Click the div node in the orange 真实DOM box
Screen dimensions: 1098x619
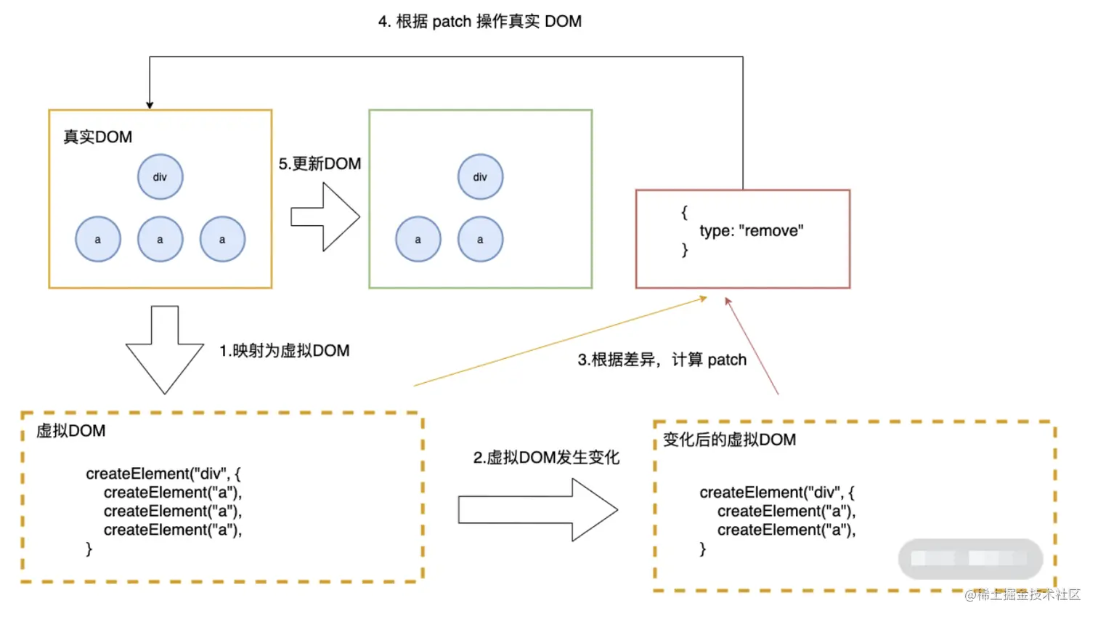coord(160,177)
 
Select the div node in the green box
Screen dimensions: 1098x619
coord(481,177)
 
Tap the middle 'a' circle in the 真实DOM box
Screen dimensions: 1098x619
coord(160,239)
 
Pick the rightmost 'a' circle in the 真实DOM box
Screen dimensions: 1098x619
coord(222,239)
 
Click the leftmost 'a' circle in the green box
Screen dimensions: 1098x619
coord(418,239)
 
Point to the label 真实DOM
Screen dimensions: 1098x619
coord(98,137)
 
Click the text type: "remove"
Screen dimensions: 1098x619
coord(752,230)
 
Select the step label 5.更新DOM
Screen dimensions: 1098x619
coord(320,163)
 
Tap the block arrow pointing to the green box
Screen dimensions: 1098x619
coord(325,217)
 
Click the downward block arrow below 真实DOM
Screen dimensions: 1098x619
coord(165,349)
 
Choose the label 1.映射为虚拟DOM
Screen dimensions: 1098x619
coord(285,351)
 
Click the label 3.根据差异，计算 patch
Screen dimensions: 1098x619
coord(662,360)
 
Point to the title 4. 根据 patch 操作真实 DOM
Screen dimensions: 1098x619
coord(480,22)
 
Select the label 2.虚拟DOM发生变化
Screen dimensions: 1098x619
coord(547,458)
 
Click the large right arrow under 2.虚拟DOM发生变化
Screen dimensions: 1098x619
coord(538,509)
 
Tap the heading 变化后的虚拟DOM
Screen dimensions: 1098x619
coord(729,440)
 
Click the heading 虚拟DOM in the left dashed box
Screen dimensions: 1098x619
coord(71,431)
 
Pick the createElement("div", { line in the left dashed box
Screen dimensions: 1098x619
coord(163,474)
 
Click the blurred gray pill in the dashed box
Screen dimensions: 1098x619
coord(970,559)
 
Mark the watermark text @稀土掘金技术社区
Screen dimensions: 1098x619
coord(1022,595)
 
